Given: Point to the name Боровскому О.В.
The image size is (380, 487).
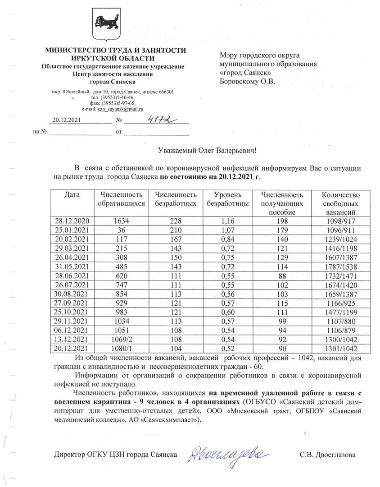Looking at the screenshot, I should click(247, 82).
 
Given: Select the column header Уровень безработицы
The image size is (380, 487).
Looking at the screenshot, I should click(227, 199).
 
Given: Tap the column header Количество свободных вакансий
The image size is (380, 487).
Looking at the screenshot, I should click(340, 203).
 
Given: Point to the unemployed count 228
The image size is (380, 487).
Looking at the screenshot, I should click(176, 221).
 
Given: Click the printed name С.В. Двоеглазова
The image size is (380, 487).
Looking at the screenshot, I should click(328, 455).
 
